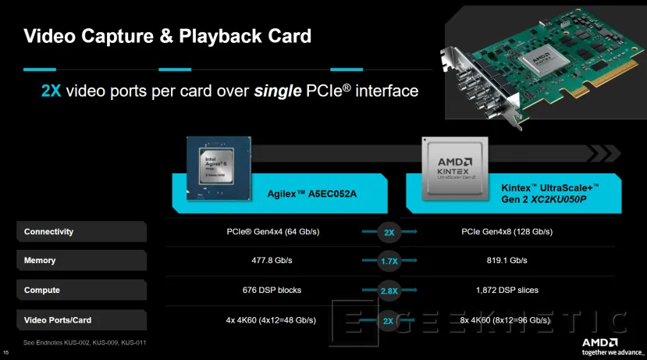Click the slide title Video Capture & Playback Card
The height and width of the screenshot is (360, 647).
click(168, 36)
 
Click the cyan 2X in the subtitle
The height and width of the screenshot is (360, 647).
click(52, 91)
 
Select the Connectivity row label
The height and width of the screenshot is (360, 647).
click(48, 231)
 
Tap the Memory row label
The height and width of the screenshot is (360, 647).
click(39, 260)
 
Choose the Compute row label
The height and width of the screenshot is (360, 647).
click(42, 290)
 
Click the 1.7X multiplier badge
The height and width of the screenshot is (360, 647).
click(389, 261)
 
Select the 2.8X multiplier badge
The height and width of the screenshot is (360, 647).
click(389, 290)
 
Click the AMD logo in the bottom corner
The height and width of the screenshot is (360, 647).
click(599, 342)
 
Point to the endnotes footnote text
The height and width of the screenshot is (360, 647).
click(86, 343)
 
